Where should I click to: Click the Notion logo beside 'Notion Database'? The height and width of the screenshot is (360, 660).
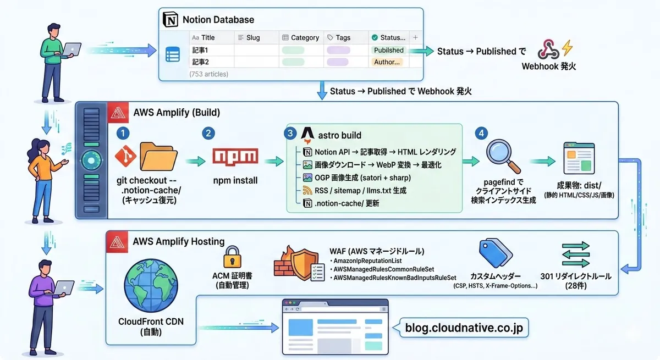[172, 20]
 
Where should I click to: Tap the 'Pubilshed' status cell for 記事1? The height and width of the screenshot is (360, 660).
[388, 50]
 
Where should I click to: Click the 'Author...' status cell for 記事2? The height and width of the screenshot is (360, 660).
[387, 62]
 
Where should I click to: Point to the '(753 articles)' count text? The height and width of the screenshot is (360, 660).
[208, 74]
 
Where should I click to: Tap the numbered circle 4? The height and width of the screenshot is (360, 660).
[482, 134]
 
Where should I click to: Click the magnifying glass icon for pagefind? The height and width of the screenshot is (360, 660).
[503, 156]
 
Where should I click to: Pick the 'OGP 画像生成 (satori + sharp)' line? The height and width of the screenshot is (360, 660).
[361, 178]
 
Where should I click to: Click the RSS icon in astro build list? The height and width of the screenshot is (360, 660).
[307, 190]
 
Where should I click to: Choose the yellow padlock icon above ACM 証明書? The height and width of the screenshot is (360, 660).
[230, 256]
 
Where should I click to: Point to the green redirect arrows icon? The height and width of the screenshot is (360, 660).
[575, 255]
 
